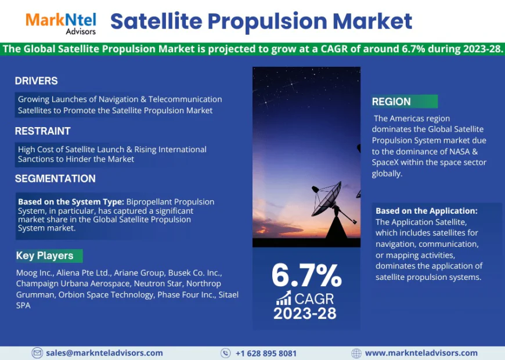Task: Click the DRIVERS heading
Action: [x=36, y=81]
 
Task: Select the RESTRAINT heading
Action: [x=42, y=131]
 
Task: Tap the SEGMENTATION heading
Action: [x=55, y=178]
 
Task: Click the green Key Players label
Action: [x=45, y=255]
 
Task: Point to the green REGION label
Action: [x=392, y=102]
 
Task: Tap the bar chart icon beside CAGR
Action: [x=284, y=298]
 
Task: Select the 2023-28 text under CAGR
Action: [x=305, y=314]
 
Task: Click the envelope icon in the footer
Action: [x=37, y=352]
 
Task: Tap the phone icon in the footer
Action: [x=226, y=352]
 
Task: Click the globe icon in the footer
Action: [x=356, y=352]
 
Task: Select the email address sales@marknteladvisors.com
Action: [x=104, y=352]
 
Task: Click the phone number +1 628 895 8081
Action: [x=266, y=353]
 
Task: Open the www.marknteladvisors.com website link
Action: [x=421, y=352]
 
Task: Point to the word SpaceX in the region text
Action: [x=387, y=163]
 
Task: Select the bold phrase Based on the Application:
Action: [x=426, y=211]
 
